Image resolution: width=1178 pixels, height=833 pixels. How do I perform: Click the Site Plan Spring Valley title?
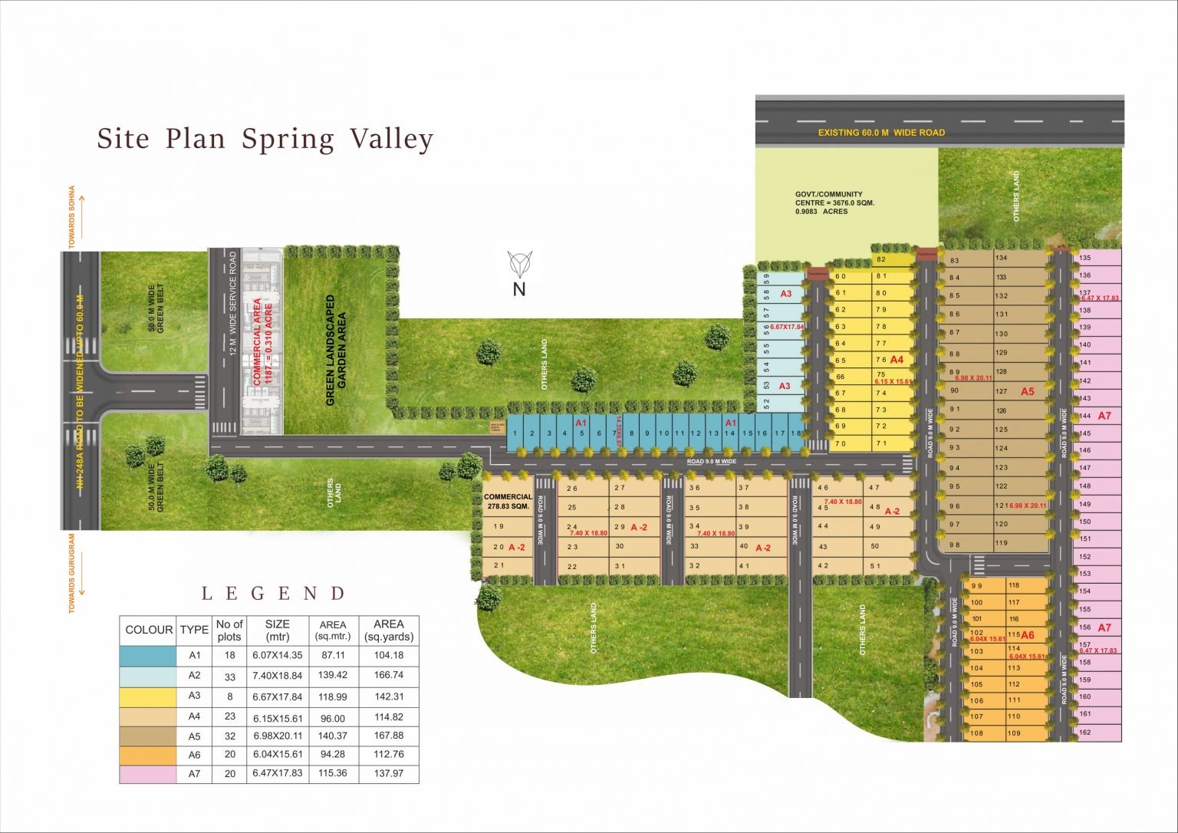coord(265,140)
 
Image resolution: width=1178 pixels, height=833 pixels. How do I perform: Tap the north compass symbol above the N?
coord(521,264)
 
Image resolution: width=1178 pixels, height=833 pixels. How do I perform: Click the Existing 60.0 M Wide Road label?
coord(881,133)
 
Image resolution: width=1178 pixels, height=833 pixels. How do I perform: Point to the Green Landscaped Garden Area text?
coord(336,350)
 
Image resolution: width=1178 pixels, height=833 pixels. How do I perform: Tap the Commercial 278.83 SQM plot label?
coord(508,502)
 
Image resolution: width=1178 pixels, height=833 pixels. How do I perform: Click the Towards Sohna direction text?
coord(72,216)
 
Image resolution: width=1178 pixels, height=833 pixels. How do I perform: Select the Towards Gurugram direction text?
coord(72,573)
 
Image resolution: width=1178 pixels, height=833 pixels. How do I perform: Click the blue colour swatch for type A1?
coord(147,656)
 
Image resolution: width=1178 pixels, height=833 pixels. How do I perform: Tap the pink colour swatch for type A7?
coord(147,774)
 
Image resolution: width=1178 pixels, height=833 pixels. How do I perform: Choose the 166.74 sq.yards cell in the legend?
coord(389,676)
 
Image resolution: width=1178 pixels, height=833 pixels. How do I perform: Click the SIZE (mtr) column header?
coord(278,630)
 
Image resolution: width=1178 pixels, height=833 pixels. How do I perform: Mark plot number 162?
coord(1084,733)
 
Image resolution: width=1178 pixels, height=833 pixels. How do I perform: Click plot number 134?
coord(1002,258)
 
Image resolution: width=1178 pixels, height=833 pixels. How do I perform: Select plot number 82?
coord(881,259)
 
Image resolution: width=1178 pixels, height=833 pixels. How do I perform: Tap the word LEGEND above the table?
coord(274,594)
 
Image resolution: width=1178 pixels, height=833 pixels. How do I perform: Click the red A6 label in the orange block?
coord(1028,635)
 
